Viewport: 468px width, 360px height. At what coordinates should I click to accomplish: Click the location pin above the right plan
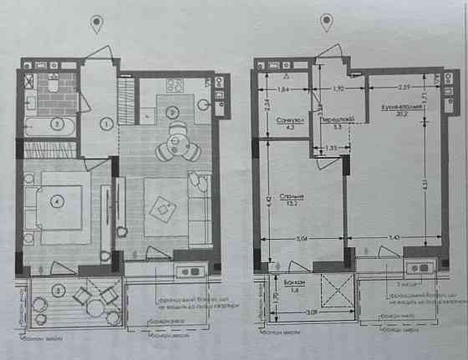tap(325, 24)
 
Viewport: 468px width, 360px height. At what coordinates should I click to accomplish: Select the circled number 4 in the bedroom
tap(57, 200)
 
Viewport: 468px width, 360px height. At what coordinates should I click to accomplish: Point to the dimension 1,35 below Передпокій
tap(331, 148)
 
